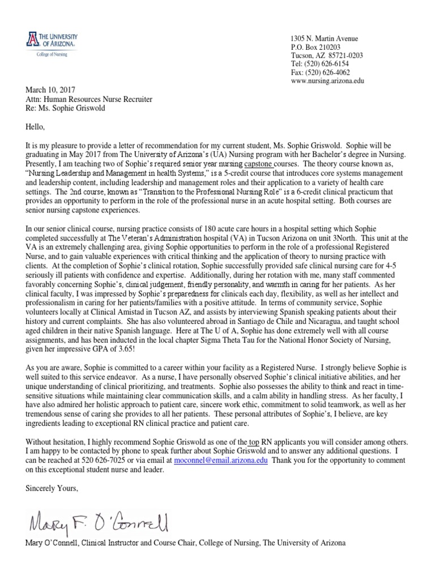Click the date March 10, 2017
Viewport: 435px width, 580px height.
50,89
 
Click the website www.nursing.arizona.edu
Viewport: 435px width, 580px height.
326,81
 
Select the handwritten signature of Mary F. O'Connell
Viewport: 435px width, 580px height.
96,521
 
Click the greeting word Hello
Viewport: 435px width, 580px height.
35,127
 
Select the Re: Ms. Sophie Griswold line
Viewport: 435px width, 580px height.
64,108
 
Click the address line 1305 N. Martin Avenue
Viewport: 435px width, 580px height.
324,39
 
